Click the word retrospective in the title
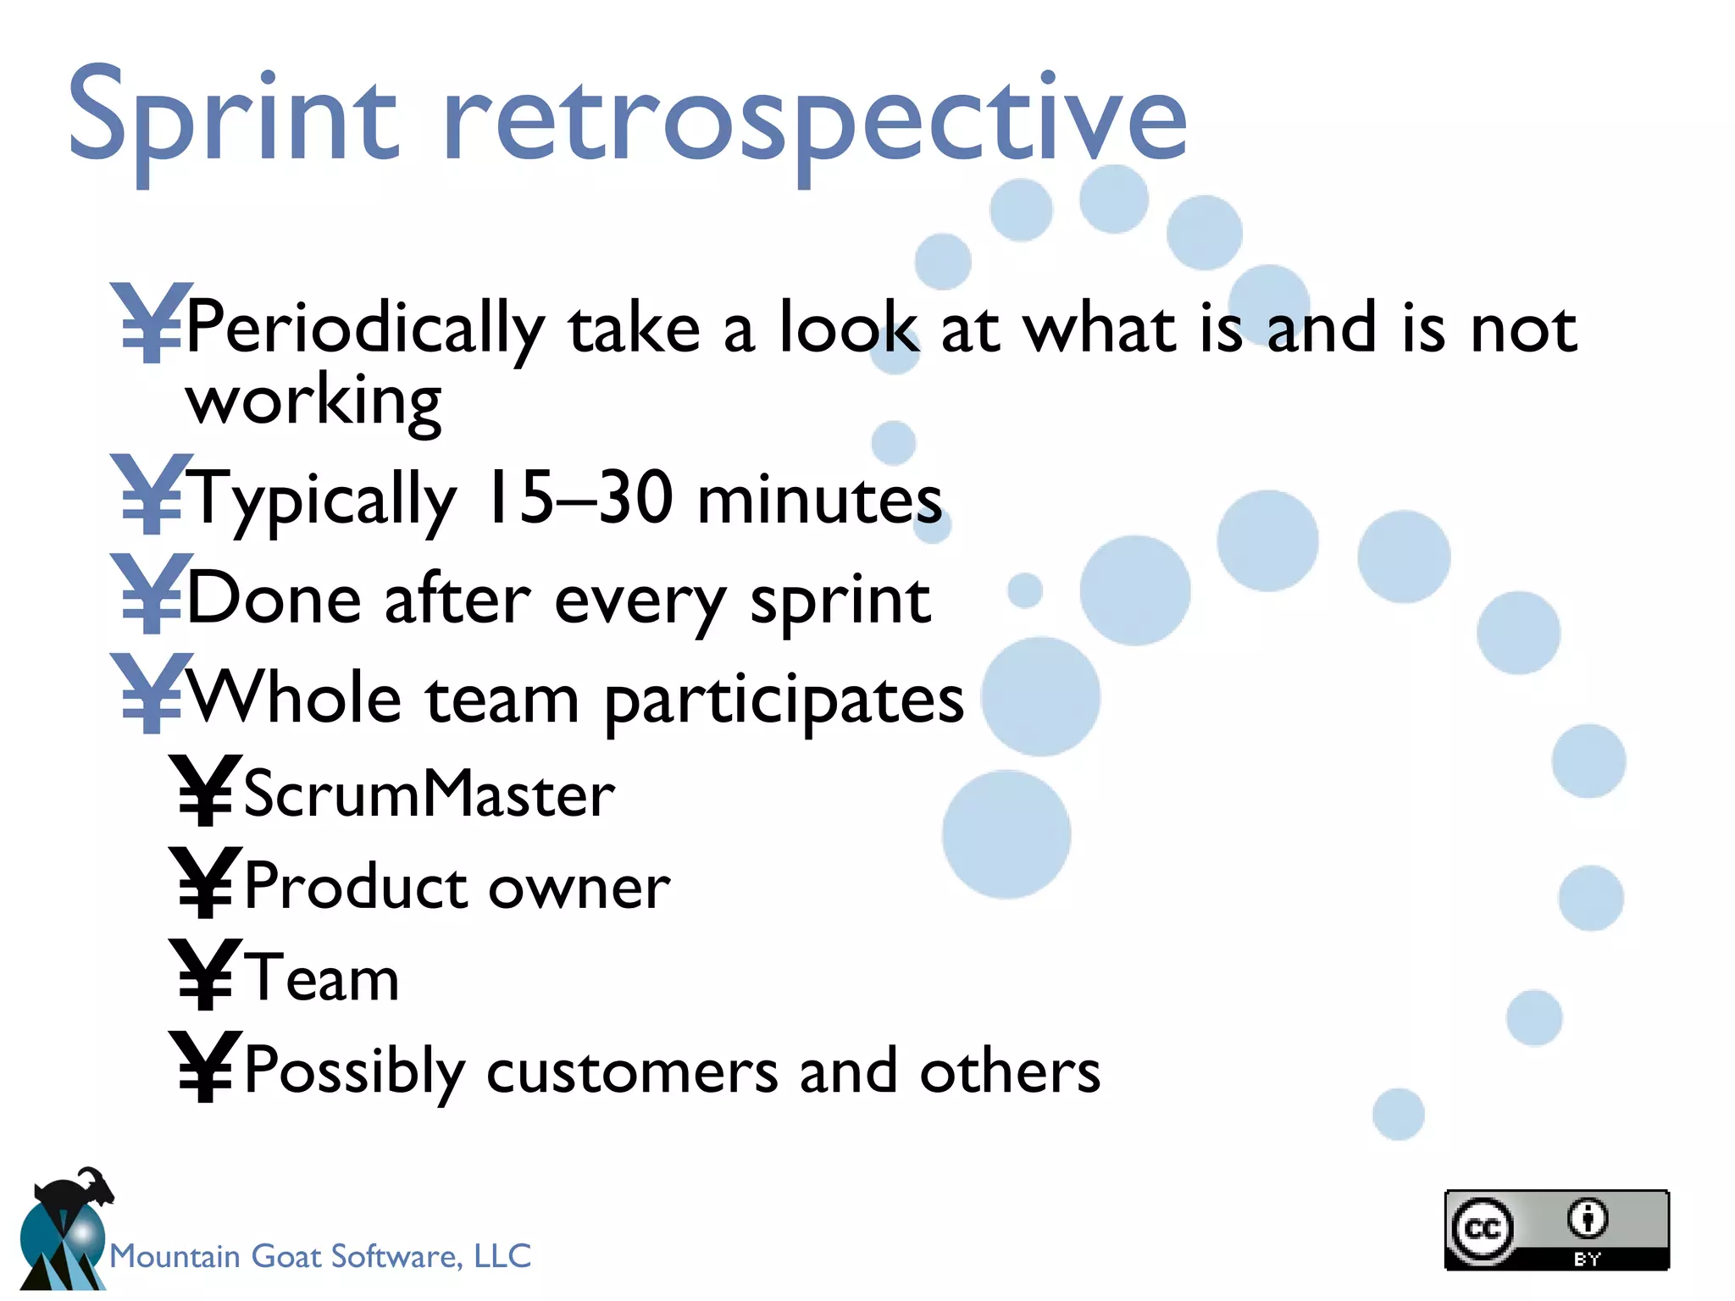tap(813, 119)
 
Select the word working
tap(313, 401)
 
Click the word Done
tap(274, 600)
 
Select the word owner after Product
tap(579, 888)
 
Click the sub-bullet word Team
tap(322, 978)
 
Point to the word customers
tap(632, 1071)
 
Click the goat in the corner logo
tap(76, 1193)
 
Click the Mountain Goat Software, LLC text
tap(320, 1256)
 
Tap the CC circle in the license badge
tap(1482, 1228)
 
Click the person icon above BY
tap(1587, 1219)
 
